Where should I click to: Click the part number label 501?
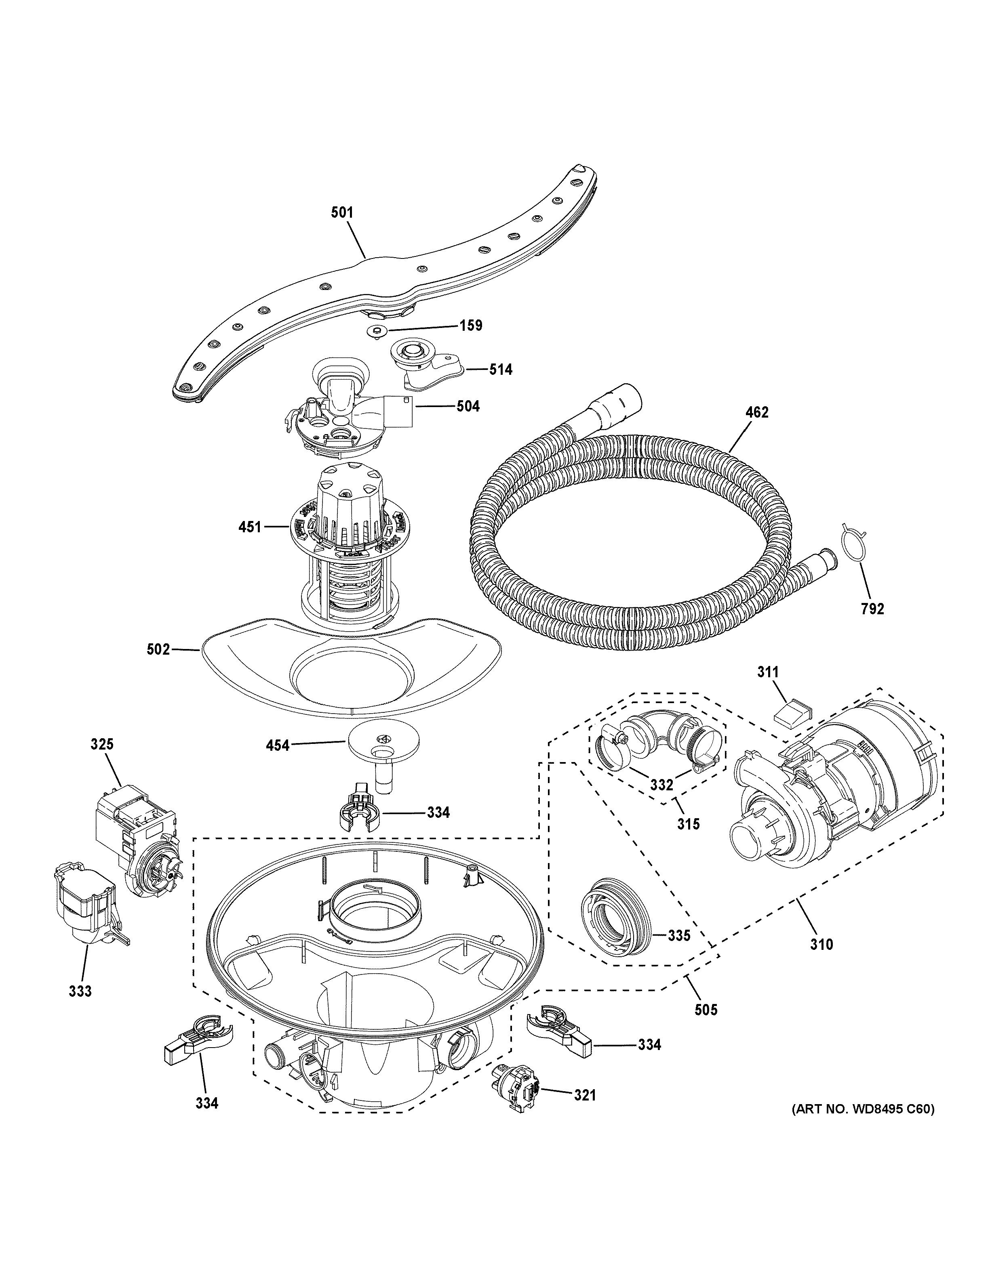click(x=342, y=212)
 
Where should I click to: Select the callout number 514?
click(x=500, y=370)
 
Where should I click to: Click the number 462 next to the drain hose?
click(x=756, y=412)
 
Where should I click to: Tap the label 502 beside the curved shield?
click(x=158, y=649)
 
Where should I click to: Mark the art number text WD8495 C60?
click(x=862, y=1125)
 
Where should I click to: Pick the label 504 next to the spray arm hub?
click(x=468, y=406)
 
